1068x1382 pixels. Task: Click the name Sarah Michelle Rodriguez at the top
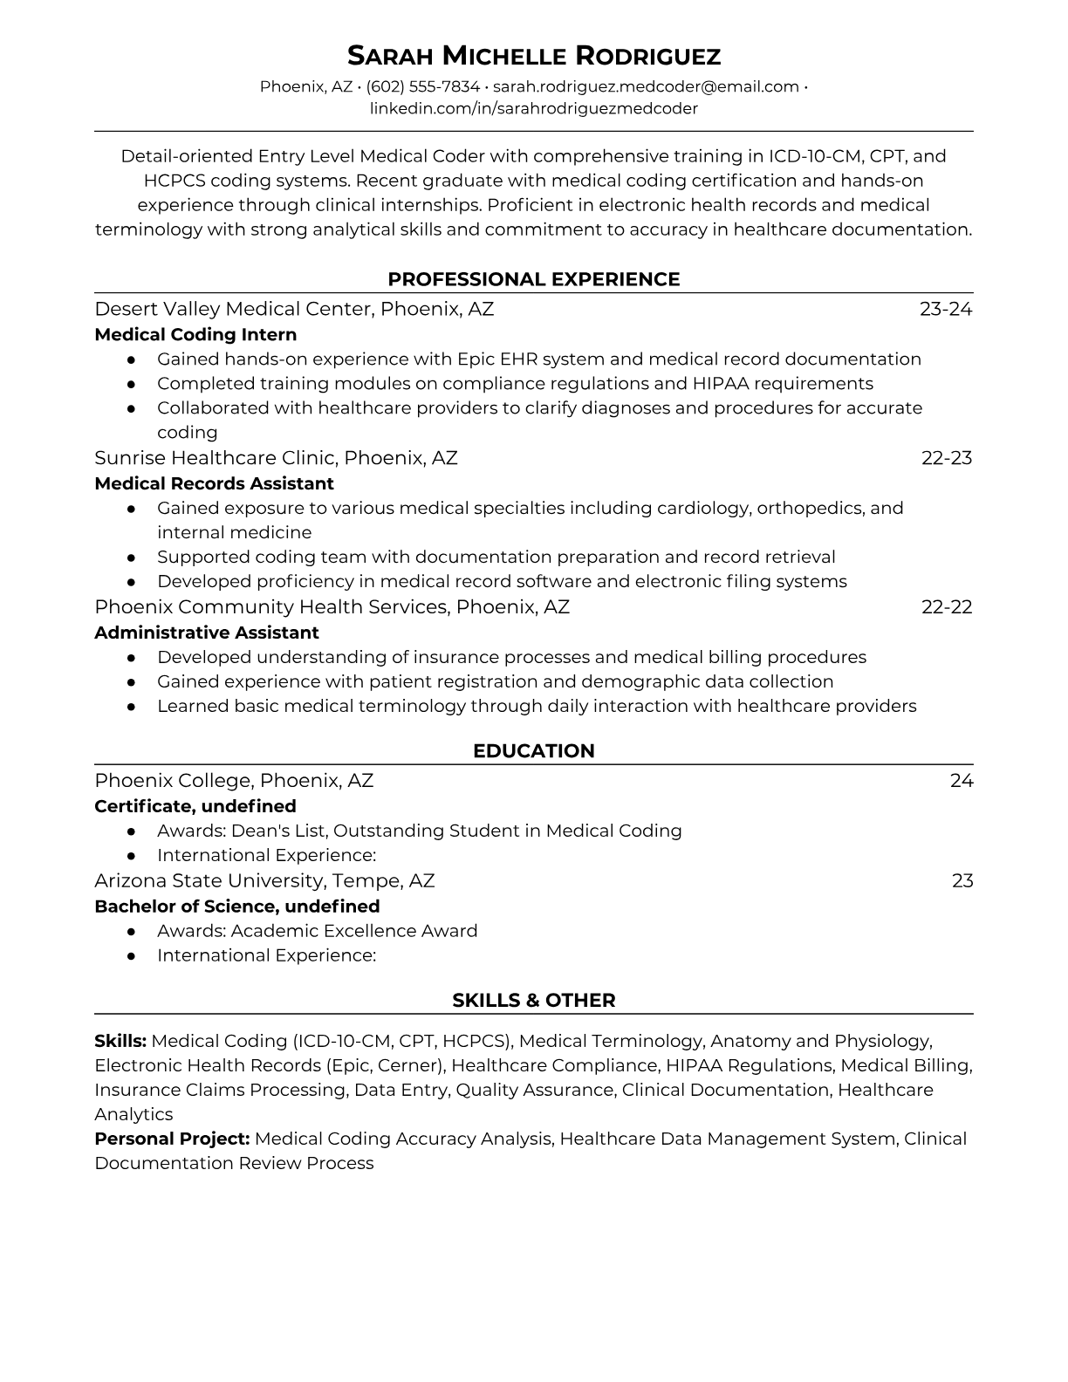pos(534,56)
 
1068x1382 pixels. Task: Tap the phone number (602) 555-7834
pos(422,86)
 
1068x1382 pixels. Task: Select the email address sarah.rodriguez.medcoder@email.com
pos(646,86)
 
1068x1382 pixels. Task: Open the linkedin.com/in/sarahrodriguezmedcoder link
pos(534,108)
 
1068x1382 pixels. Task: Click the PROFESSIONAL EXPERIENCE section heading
pos(534,279)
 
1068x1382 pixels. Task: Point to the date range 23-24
pos(946,309)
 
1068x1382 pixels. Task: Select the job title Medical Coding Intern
pos(195,334)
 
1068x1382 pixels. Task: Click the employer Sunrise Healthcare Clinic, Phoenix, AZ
pos(276,458)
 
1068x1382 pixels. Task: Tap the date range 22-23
pos(947,458)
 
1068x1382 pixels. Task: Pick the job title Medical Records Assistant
pos(214,483)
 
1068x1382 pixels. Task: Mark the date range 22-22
pos(947,607)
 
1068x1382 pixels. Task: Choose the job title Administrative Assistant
pos(207,633)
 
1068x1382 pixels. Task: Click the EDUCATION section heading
pos(534,751)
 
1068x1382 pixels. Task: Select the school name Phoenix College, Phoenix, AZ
pos(234,781)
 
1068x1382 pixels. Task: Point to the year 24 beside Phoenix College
pos(962,781)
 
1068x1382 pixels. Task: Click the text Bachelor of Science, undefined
pos(237,906)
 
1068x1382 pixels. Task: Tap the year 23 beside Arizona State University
pos(962,880)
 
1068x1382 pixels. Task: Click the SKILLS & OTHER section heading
pos(534,1001)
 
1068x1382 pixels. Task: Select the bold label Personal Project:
pos(172,1139)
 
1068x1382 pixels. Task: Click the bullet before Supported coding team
pos(131,557)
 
